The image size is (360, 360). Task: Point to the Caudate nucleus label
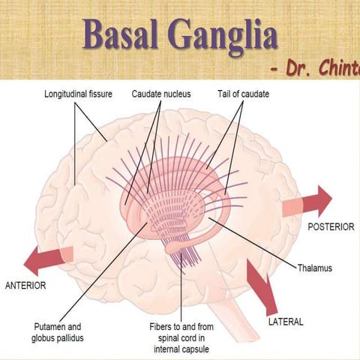pyautogui.click(x=161, y=94)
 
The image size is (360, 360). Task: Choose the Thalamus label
pyautogui.click(x=314, y=267)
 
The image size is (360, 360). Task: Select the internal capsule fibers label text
pyautogui.click(x=179, y=338)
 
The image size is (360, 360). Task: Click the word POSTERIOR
pyautogui.click(x=331, y=226)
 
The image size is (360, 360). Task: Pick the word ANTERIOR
pyautogui.click(x=26, y=286)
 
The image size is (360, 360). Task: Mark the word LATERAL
pyautogui.click(x=286, y=322)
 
